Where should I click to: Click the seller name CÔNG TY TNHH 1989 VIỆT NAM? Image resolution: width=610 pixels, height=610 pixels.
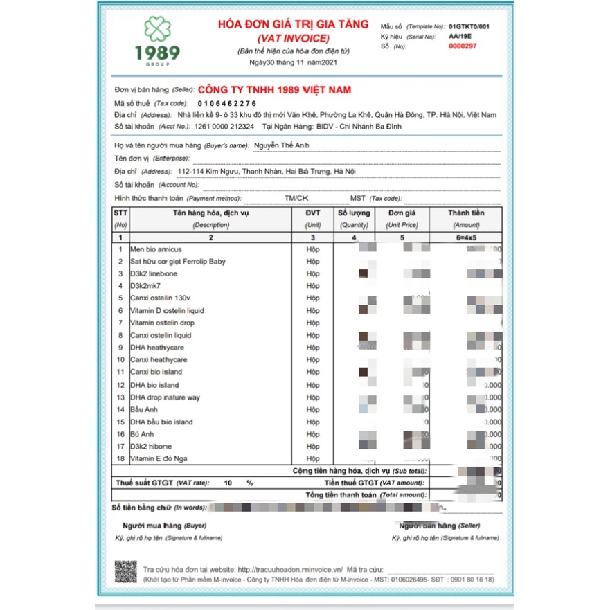(274, 90)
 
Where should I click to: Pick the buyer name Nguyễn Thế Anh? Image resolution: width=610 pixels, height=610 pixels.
(281, 145)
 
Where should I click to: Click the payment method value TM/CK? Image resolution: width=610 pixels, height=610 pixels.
(296, 198)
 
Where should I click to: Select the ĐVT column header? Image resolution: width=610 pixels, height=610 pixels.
(313, 213)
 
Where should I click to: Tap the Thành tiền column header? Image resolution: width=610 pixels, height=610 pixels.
(466, 213)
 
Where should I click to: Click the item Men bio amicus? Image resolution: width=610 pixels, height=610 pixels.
(156, 249)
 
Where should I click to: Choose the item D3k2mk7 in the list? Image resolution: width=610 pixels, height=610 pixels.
(145, 286)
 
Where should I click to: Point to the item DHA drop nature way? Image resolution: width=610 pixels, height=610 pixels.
(165, 397)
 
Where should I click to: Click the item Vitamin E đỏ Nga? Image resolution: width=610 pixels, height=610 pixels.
(159, 458)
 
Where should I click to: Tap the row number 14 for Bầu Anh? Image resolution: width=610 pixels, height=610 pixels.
(120, 410)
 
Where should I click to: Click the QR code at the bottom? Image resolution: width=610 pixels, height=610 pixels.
(125, 572)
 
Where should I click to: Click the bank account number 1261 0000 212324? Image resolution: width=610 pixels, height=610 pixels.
(224, 127)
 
